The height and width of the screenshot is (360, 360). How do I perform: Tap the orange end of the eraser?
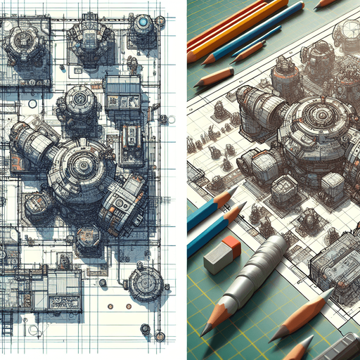233,245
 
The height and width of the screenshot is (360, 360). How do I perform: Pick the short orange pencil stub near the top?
214,77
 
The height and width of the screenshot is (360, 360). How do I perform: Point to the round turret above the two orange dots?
146,283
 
